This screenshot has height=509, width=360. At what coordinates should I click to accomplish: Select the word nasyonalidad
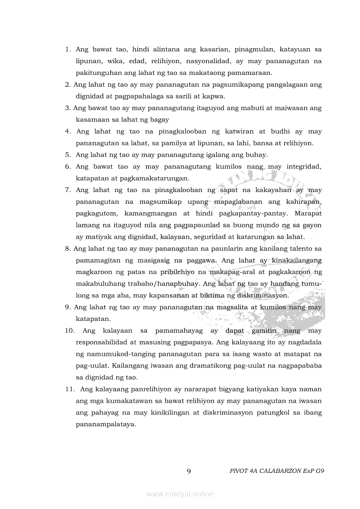pyautogui.click(x=204, y=61)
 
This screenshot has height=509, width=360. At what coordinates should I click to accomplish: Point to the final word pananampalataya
pyautogui.click(x=106, y=425)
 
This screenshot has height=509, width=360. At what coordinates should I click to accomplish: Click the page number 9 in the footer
pyautogui.click(x=188, y=471)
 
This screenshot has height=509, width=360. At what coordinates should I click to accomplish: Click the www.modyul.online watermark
pyautogui.click(x=180, y=494)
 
